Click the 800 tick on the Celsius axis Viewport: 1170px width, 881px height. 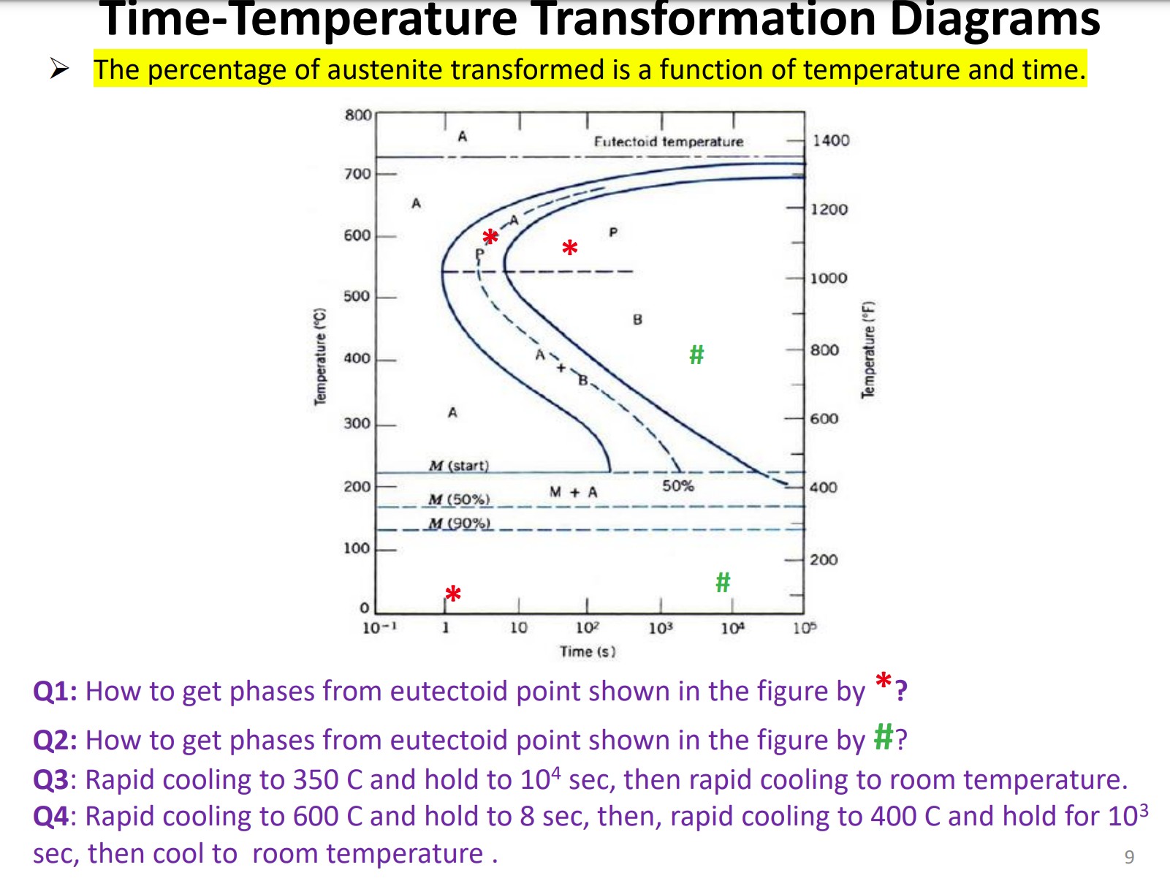click(358, 115)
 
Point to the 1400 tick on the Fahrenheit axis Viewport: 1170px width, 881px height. click(831, 140)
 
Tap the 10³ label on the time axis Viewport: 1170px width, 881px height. click(660, 628)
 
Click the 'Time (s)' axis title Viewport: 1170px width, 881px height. click(588, 651)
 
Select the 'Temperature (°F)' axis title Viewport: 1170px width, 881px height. click(868, 349)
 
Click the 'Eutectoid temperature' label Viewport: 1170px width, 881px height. click(668, 142)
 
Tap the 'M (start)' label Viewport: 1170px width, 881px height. click(459, 465)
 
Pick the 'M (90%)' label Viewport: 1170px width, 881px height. click(459, 523)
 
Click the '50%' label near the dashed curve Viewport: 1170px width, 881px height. click(677, 485)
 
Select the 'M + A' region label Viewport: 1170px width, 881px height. click(573, 492)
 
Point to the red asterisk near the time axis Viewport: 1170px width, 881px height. click(453, 594)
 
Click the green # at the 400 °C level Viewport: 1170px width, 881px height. click(696, 355)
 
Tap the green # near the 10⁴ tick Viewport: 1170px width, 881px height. click(723, 582)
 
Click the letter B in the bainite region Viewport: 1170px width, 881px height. click(637, 319)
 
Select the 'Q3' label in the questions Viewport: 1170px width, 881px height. click(51, 780)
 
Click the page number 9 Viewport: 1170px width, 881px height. click(1129, 857)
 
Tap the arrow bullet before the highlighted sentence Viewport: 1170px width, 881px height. click(59, 69)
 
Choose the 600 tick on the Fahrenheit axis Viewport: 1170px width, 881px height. click(824, 419)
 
